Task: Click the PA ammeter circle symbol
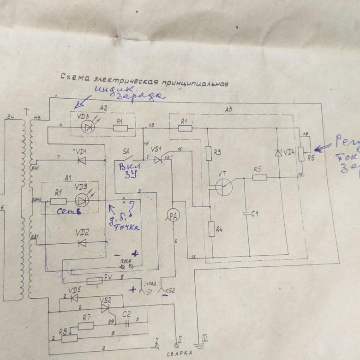pyautogui.click(x=172, y=216)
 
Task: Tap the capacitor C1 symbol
pyautogui.click(x=249, y=213)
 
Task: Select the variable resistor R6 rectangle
pyautogui.click(x=300, y=153)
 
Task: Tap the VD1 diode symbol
pyautogui.click(x=82, y=160)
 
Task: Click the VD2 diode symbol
pyautogui.click(x=82, y=243)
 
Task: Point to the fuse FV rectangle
pyautogui.click(x=94, y=281)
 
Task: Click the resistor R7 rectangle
pyautogui.click(x=86, y=325)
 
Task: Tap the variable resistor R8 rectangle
pyautogui.click(x=69, y=338)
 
